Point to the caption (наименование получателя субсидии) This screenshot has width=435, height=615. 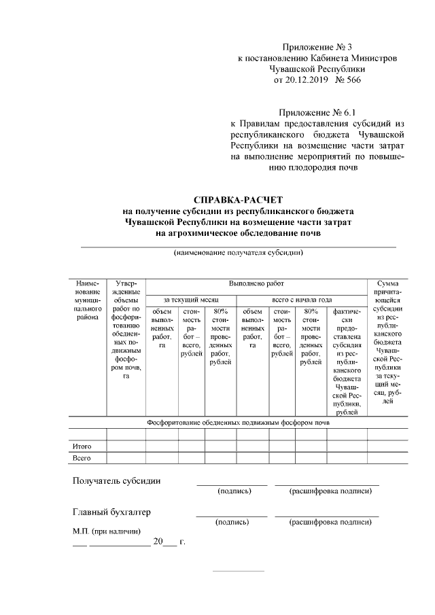238,253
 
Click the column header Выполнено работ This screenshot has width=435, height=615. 256,282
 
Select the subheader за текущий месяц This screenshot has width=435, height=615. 191,299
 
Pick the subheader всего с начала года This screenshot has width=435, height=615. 301,299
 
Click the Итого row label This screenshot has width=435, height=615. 82,446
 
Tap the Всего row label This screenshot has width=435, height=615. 82,459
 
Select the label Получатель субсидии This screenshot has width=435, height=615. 117,481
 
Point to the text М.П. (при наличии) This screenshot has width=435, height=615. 107,531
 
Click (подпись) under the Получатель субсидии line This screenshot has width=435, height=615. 232,491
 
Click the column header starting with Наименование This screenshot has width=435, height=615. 87,299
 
